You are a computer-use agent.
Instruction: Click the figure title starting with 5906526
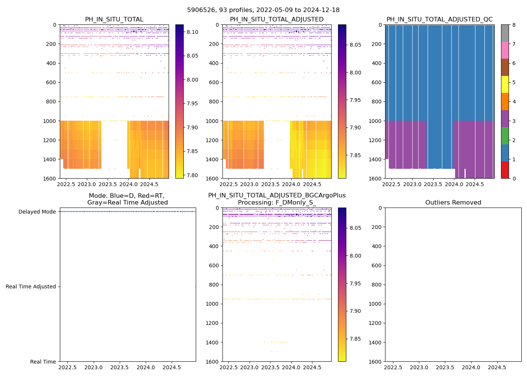(263, 10)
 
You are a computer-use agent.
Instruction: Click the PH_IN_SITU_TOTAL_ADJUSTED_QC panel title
(439, 20)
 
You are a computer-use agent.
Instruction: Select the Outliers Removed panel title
(453, 203)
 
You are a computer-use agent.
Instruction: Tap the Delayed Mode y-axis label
(37, 212)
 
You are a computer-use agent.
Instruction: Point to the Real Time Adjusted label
(30, 287)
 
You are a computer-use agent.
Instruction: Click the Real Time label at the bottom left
(43, 362)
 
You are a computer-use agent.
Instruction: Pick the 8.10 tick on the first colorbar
(193, 32)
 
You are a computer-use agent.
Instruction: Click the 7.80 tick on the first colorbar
(193, 175)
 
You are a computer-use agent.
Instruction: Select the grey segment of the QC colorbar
(505, 33)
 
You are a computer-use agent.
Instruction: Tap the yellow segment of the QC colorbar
(505, 84)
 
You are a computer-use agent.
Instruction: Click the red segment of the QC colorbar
(505, 170)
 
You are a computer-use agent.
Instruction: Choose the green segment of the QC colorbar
(505, 135)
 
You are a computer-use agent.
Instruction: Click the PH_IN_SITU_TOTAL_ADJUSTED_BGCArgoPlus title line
(277, 196)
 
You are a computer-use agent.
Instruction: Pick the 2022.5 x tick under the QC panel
(391, 185)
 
